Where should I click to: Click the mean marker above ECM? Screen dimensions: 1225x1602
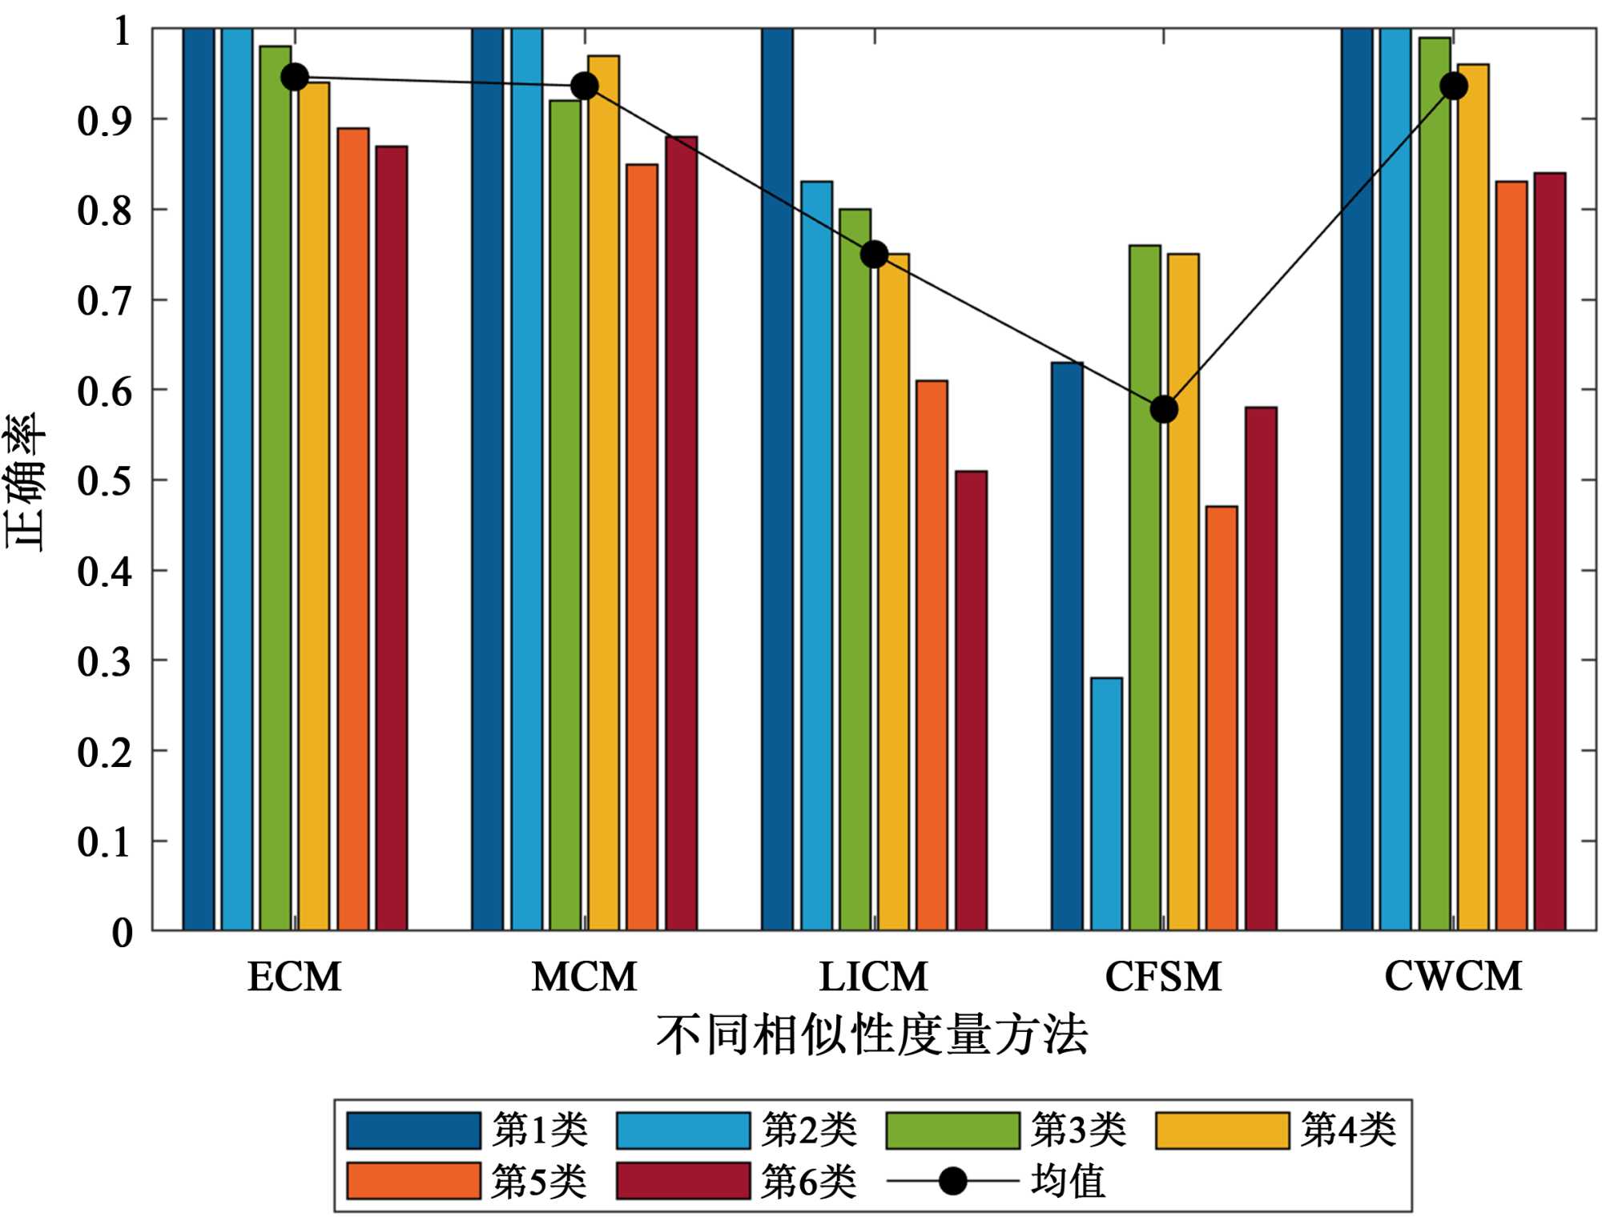tap(295, 77)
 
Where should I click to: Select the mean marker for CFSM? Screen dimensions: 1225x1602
tap(1164, 409)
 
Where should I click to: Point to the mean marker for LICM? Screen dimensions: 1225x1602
tap(874, 255)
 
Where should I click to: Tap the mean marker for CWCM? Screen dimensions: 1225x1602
tap(1454, 86)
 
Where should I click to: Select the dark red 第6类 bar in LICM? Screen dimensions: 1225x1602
tap(971, 701)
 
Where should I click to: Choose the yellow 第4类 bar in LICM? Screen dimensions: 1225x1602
tap(893, 592)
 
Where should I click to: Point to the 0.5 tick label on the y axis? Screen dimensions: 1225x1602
tap(104, 481)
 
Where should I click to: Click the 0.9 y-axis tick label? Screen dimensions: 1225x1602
tap(104, 120)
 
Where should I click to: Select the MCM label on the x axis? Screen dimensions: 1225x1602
tap(584, 977)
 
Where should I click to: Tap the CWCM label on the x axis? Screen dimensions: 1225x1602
tap(1453, 976)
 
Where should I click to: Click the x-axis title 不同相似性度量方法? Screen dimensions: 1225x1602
tap(872, 1034)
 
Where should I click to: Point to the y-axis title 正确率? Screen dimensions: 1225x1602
tap(26, 481)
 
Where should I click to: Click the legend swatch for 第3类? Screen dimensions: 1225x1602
tap(952, 1131)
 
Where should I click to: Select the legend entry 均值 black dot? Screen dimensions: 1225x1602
tap(952, 1181)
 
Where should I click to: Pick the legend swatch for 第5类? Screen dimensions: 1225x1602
tap(413, 1181)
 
